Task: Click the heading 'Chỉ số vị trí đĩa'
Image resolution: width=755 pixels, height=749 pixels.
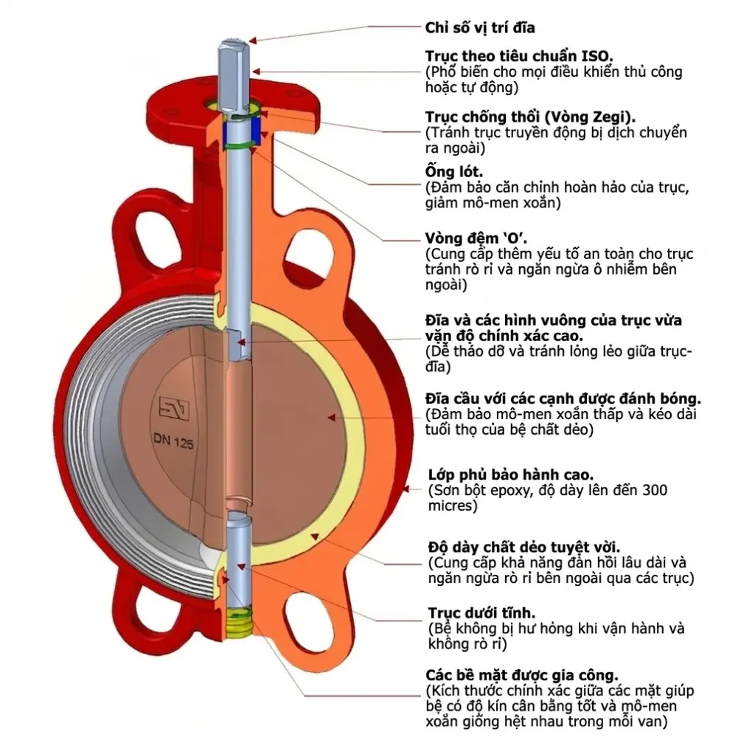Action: (x=479, y=27)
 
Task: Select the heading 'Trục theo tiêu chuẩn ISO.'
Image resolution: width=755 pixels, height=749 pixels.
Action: (x=519, y=56)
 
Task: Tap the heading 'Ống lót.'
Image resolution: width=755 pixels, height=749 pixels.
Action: (x=454, y=172)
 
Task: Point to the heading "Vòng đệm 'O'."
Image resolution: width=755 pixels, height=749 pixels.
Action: (x=476, y=238)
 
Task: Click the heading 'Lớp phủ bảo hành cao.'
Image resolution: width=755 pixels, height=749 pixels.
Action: (x=510, y=474)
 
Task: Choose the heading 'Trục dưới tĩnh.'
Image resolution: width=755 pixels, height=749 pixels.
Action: (x=481, y=613)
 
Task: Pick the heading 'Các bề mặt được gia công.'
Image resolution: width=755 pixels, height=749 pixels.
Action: (x=522, y=674)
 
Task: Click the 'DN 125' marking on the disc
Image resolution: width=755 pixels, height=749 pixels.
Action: (x=173, y=441)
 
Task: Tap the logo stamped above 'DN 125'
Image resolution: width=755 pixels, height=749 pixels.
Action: (x=174, y=409)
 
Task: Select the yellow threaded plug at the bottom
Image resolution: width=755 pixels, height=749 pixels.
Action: (x=238, y=622)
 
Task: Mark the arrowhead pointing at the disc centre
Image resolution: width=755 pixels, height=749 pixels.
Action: (x=331, y=418)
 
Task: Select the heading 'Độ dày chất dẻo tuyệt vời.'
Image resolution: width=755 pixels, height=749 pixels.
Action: (x=524, y=547)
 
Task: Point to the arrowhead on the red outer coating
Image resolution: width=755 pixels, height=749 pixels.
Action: (x=406, y=489)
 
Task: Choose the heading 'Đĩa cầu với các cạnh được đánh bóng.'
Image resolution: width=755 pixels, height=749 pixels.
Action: (x=563, y=398)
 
